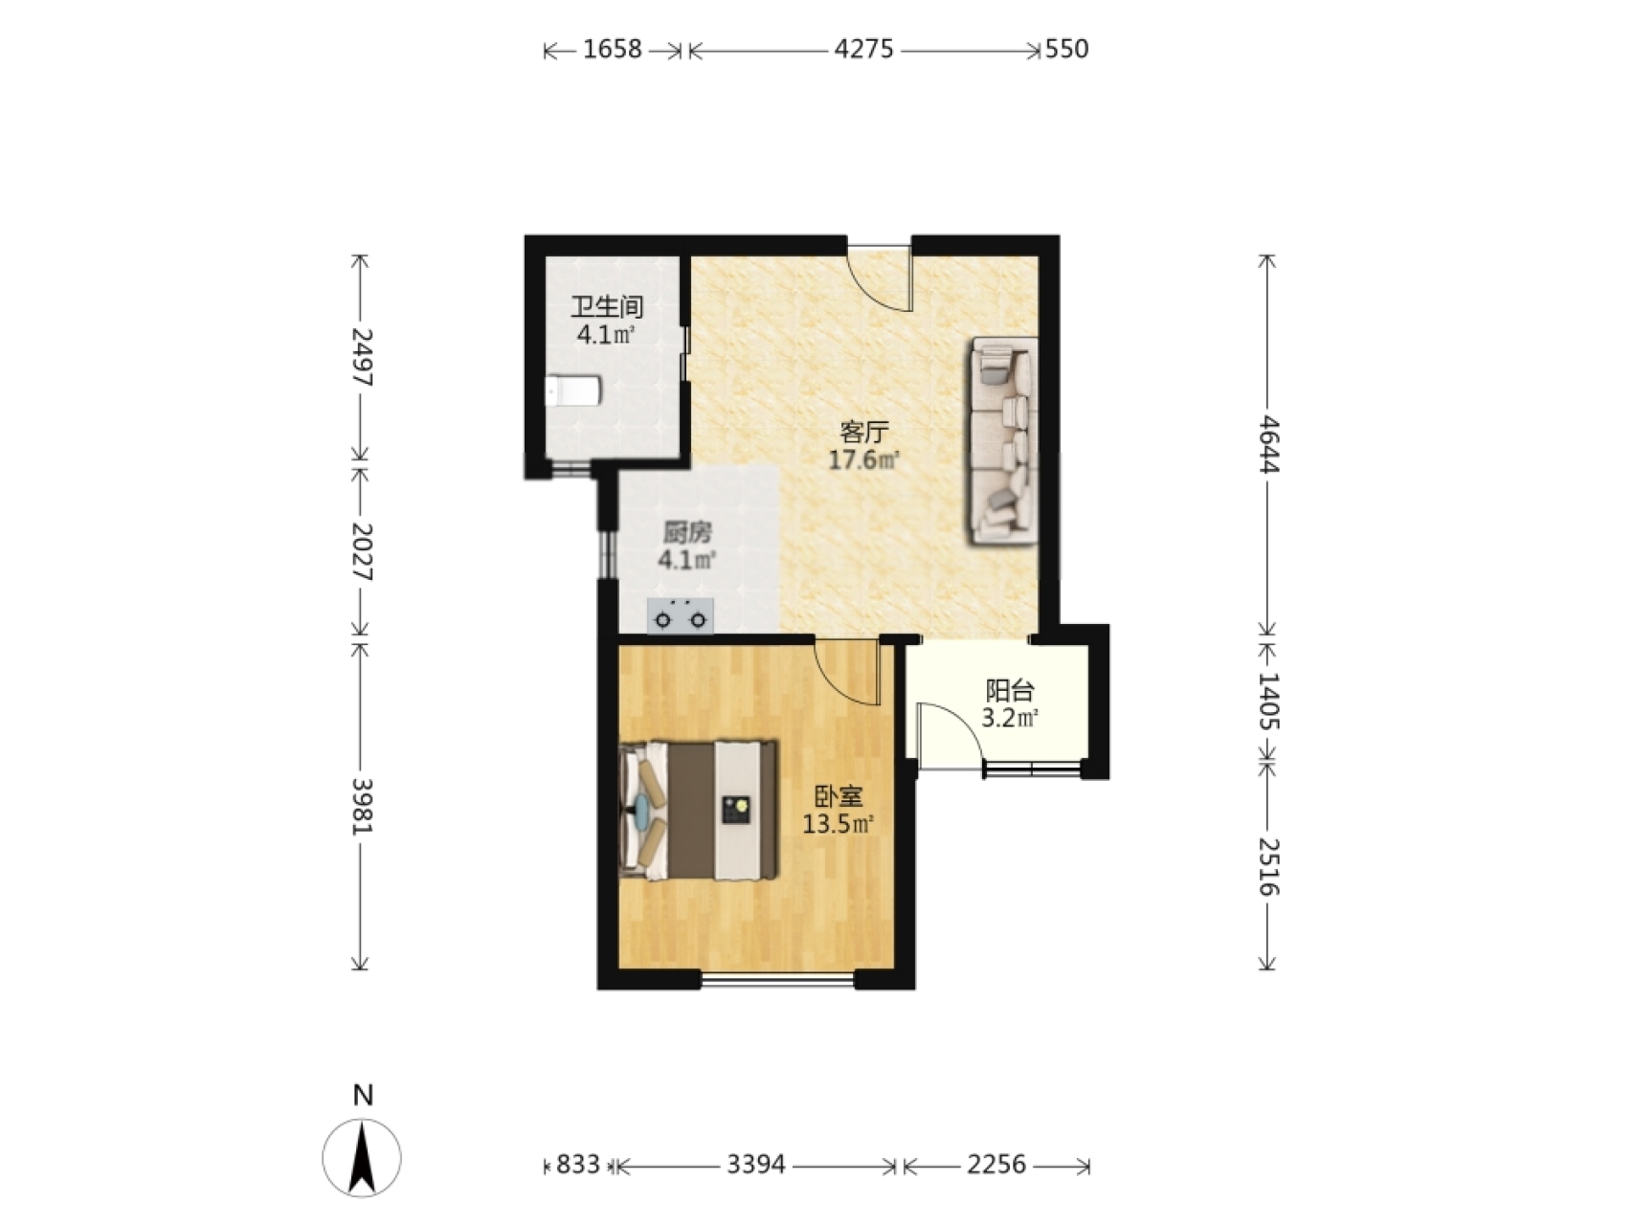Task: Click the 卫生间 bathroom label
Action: [607, 307]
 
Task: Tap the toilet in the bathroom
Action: [572, 391]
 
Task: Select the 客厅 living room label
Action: [863, 432]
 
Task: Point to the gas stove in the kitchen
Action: [681, 616]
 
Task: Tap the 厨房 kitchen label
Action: [687, 532]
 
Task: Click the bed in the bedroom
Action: [698, 810]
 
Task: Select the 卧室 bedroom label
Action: [839, 795]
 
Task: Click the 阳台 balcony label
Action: [1010, 689]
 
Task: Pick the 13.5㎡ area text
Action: [839, 823]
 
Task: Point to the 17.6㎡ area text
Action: [863, 460]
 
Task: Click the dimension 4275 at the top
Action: [863, 49]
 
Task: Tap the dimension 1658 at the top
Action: [613, 49]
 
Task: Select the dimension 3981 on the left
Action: [361, 805]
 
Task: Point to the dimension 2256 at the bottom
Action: [996, 1165]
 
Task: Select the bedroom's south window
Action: [778, 979]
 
